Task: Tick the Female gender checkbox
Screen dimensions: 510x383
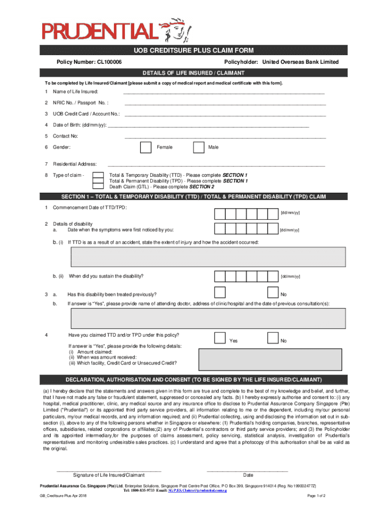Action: [x=145, y=147]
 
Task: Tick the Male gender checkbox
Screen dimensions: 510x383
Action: [x=198, y=147]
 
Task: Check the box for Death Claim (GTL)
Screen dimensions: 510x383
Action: [x=99, y=187]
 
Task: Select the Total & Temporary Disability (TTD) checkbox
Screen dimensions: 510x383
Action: [x=99, y=175]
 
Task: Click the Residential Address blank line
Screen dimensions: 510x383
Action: [x=216, y=164]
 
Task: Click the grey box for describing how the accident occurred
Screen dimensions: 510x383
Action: [x=208, y=256]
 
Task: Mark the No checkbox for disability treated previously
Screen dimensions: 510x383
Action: [x=273, y=294]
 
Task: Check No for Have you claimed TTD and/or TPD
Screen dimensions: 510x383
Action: [x=273, y=338]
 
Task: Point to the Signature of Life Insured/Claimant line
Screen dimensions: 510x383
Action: [x=109, y=470]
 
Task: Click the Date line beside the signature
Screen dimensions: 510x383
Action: [x=247, y=470]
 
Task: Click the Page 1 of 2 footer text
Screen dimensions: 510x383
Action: [x=316, y=496]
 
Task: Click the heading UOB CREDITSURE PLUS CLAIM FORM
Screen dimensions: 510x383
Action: [x=193, y=51]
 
